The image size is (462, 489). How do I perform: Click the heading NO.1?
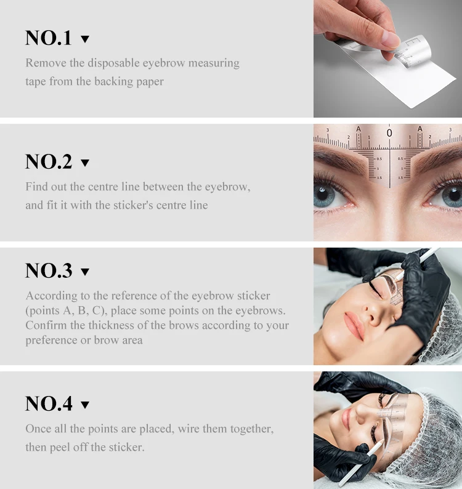[49, 38]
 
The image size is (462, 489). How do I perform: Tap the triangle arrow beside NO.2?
[85, 163]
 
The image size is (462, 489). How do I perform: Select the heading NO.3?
[49, 271]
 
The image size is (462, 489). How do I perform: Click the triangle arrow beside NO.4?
[85, 405]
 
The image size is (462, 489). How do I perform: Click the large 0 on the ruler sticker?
[389, 132]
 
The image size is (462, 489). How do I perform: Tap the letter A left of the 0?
[359, 129]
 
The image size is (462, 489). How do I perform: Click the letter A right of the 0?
[419, 129]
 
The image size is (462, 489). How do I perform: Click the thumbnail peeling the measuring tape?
[387, 59]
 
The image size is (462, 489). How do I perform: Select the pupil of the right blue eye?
[452, 196]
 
